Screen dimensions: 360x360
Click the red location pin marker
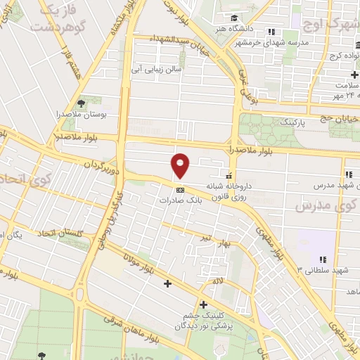pos(181,166)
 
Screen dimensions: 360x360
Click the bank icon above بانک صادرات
pos(180,189)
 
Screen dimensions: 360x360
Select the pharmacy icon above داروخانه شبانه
pos(229,176)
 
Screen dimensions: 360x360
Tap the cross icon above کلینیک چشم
pos(203,305)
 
